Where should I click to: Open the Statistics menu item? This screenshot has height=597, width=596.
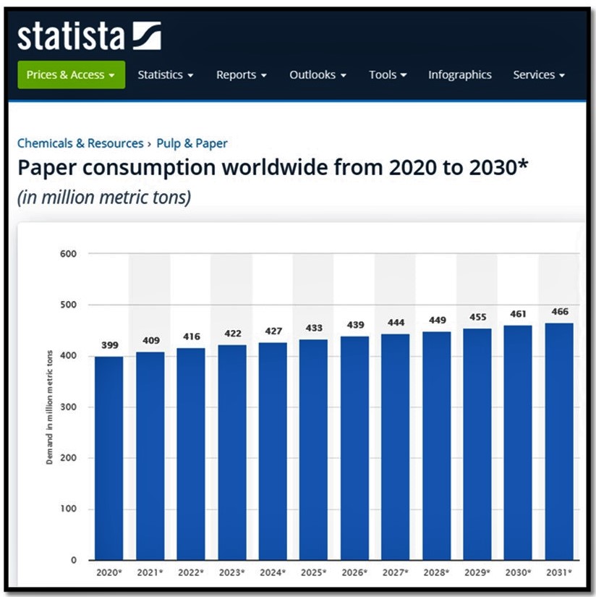[x=165, y=75]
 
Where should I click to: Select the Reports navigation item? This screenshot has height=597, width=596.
[x=242, y=75]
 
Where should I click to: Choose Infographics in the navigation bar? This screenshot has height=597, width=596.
[x=459, y=75]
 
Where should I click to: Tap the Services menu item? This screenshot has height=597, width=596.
[x=538, y=75]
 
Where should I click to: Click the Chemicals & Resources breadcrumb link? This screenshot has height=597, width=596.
[x=80, y=143]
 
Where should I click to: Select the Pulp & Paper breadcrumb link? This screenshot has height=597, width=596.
[x=192, y=143]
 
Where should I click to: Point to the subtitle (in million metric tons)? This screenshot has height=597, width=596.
[x=104, y=197]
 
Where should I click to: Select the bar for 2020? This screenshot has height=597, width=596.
[x=108, y=456]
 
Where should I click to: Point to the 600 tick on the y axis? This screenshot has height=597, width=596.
[x=68, y=254]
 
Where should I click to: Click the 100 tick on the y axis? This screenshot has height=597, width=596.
[x=68, y=509]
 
